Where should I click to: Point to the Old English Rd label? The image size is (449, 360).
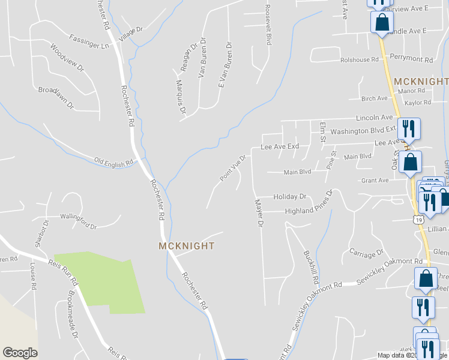(x=113, y=163)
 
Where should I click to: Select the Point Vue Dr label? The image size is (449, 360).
(x=233, y=168)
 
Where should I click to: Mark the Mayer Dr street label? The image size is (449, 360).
(x=259, y=214)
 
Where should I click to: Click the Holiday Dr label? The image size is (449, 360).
(x=290, y=196)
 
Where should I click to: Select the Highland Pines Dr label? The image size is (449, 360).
(x=300, y=211)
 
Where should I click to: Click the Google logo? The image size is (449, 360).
(x=20, y=353)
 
